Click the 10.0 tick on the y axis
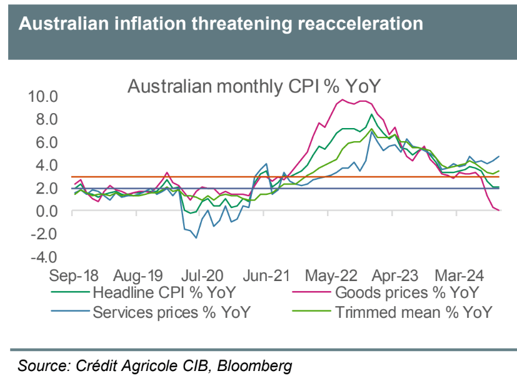coord(43,97)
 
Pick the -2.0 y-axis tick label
coord(43,234)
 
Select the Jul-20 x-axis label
coord(203,275)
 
